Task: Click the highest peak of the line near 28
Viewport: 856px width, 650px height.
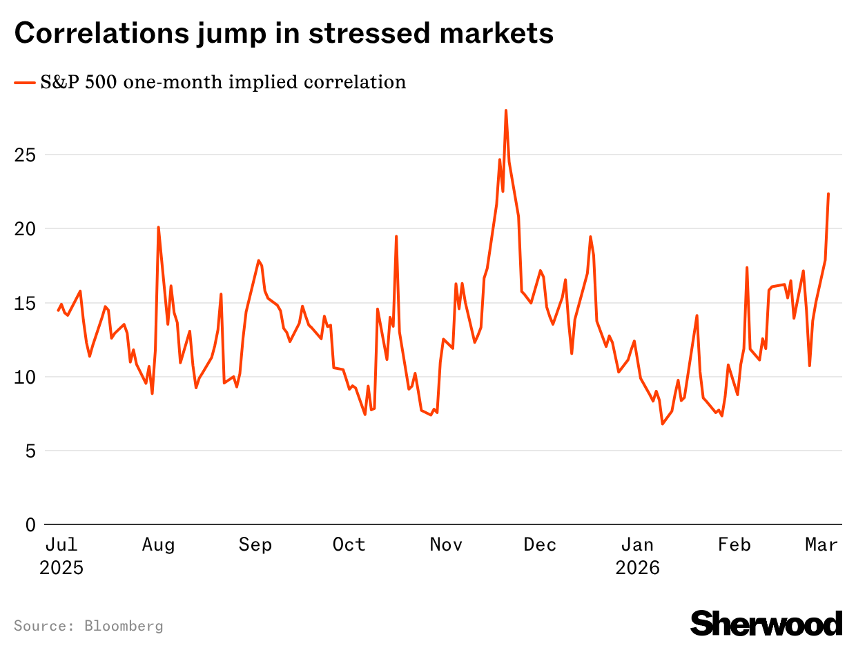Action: pyautogui.click(x=506, y=110)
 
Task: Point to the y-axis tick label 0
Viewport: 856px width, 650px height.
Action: pyautogui.click(x=30, y=524)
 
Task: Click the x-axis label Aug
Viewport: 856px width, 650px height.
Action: pyautogui.click(x=158, y=545)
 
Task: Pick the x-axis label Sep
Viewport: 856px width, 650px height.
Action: pyautogui.click(x=255, y=545)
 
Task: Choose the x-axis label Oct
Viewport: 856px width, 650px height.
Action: pyautogui.click(x=349, y=545)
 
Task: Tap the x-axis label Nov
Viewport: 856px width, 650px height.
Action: pyautogui.click(x=446, y=545)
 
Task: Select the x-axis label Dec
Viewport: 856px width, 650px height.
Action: pyautogui.click(x=540, y=545)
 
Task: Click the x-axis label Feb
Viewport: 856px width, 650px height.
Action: pyautogui.click(x=734, y=545)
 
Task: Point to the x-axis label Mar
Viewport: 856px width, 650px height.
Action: pyautogui.click(x=821, y=545)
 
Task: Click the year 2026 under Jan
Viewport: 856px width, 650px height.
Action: pyautogui.click(x=638, y=569)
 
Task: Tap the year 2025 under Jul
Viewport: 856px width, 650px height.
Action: pyautogui.click(x=61, y=569)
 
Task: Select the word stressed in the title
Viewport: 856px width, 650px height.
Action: pyautogui.click(x=379, y=33)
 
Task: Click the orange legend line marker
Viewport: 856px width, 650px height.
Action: pyautogui.click(x=25, y=83)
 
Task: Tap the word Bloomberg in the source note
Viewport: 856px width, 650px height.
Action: pyautogui.click(x=124, y=626)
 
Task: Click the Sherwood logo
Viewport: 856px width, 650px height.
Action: pyautogui.click(x=766, y=623)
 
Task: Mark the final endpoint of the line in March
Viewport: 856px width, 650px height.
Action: pyautogui.click(x=828, y=194)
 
